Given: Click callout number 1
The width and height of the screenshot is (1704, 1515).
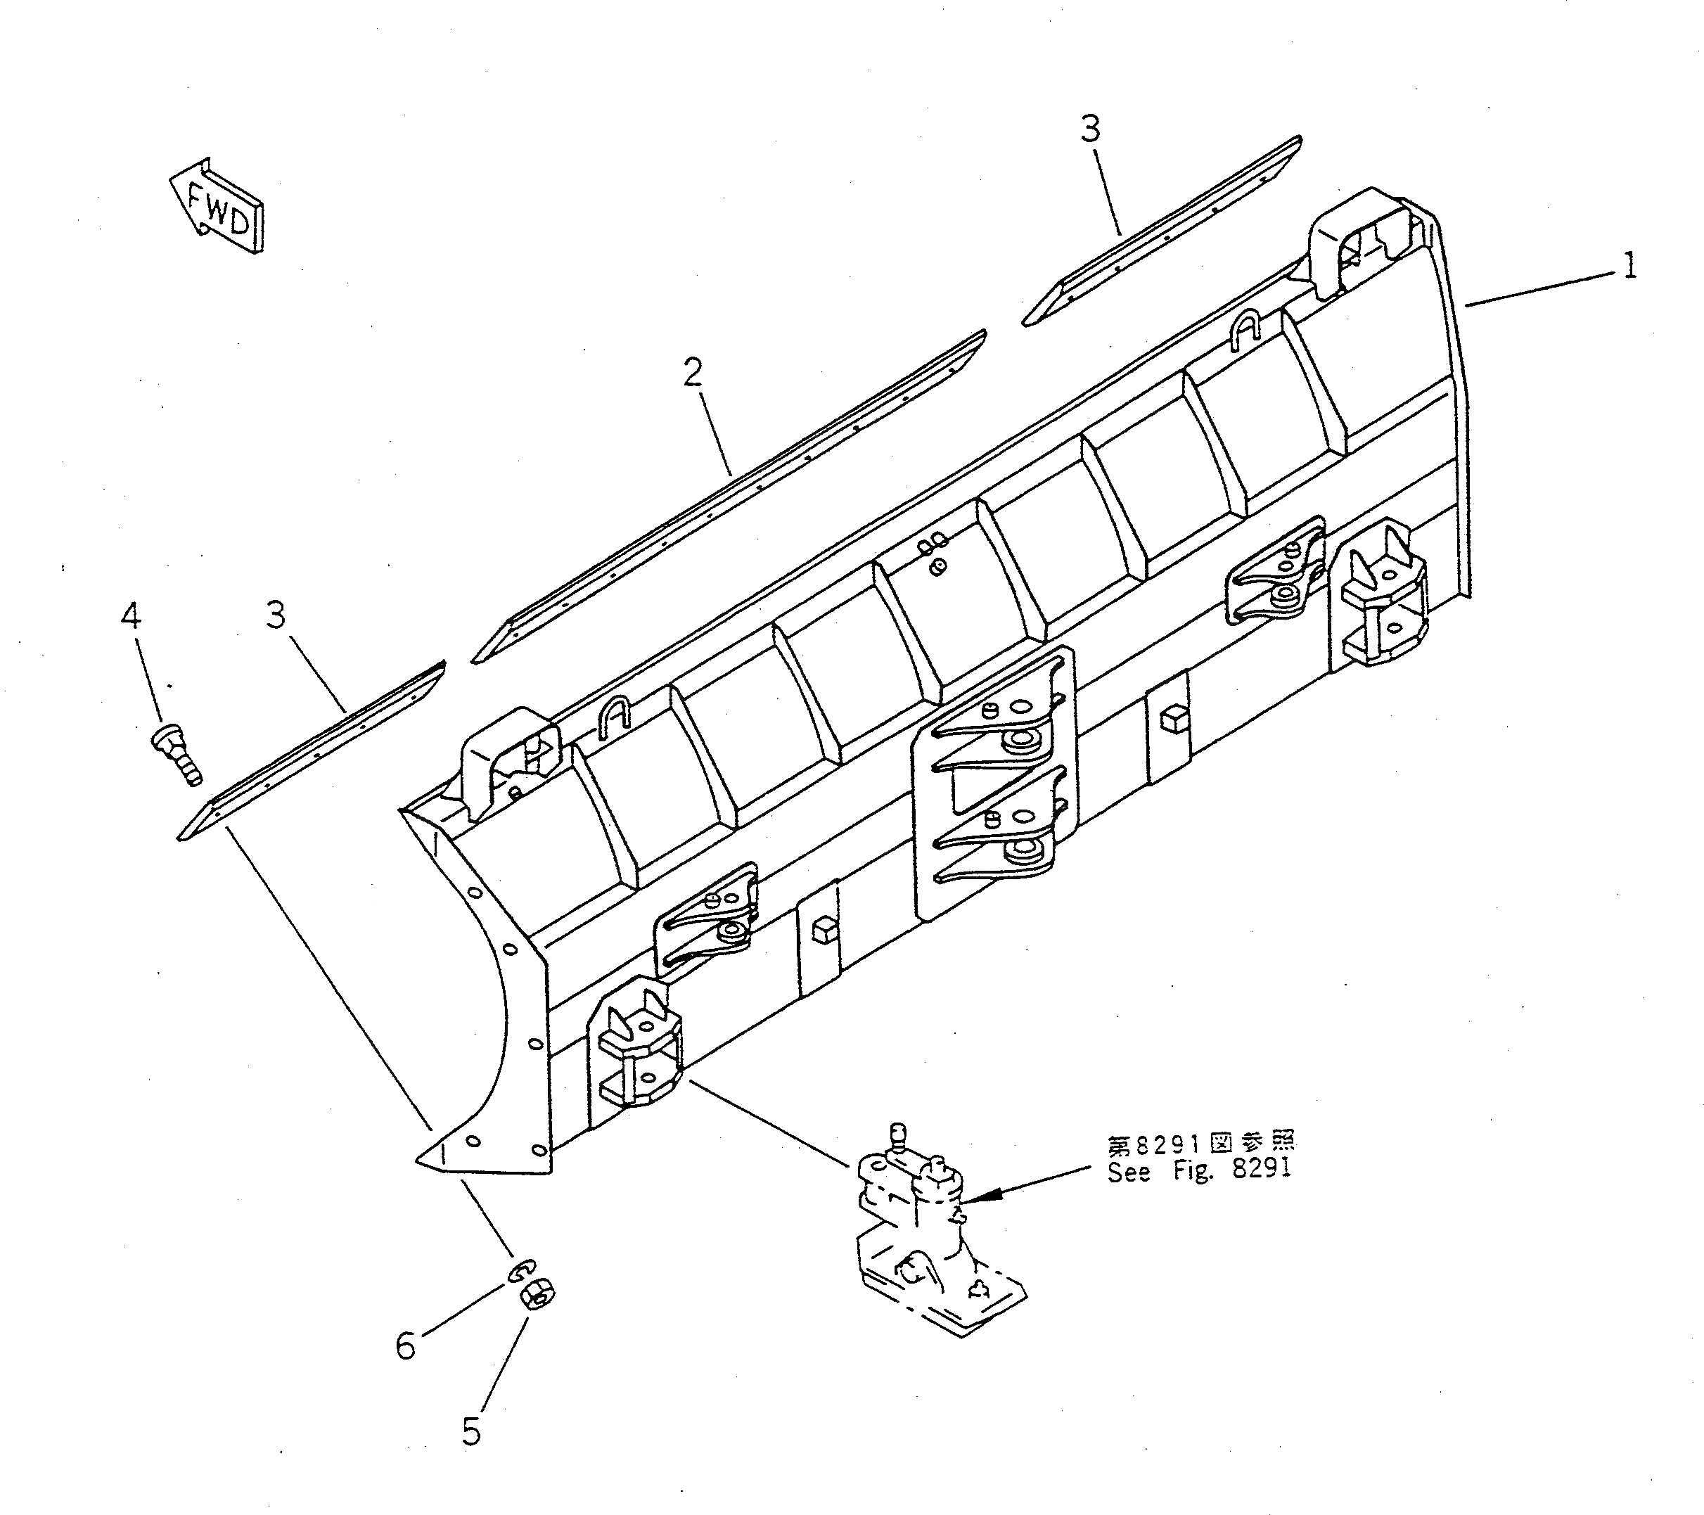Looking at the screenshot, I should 1628,266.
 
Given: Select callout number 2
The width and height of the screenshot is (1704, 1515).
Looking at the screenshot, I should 693,373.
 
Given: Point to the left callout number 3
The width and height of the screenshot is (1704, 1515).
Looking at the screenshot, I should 276,615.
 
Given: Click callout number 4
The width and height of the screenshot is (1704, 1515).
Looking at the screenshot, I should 131,616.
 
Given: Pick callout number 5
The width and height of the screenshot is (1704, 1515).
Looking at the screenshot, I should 471,1431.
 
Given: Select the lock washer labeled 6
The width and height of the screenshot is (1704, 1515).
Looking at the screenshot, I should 520,1271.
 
